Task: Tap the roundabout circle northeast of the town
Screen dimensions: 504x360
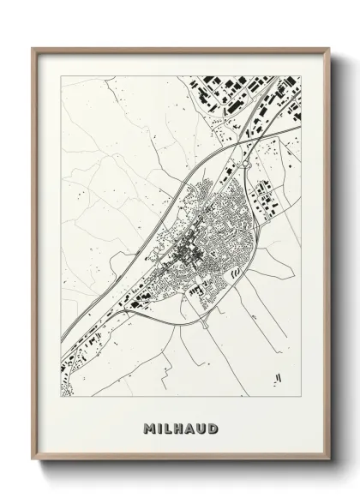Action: pos(246,161)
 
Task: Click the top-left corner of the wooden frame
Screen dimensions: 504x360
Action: pos(33,47)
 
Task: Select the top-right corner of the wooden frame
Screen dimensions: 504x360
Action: pos(327,47)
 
